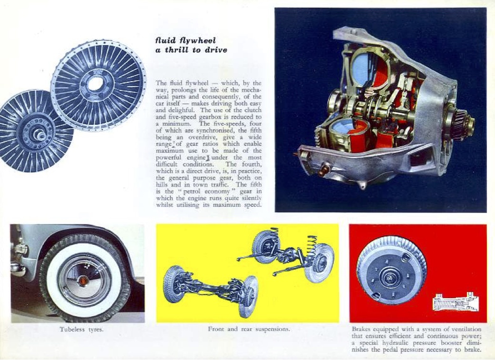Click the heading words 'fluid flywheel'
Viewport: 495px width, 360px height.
tap(186, 40)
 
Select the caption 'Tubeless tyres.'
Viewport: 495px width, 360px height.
tap(81, 330)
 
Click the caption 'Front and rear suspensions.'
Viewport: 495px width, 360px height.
tap(249, 329)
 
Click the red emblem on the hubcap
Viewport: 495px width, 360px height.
tap(84, 280)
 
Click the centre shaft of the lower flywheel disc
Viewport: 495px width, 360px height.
tap(40, 135)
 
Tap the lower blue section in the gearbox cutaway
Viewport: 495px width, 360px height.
tap(343, 130)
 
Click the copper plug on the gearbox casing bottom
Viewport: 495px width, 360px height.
tap(323, 170)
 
